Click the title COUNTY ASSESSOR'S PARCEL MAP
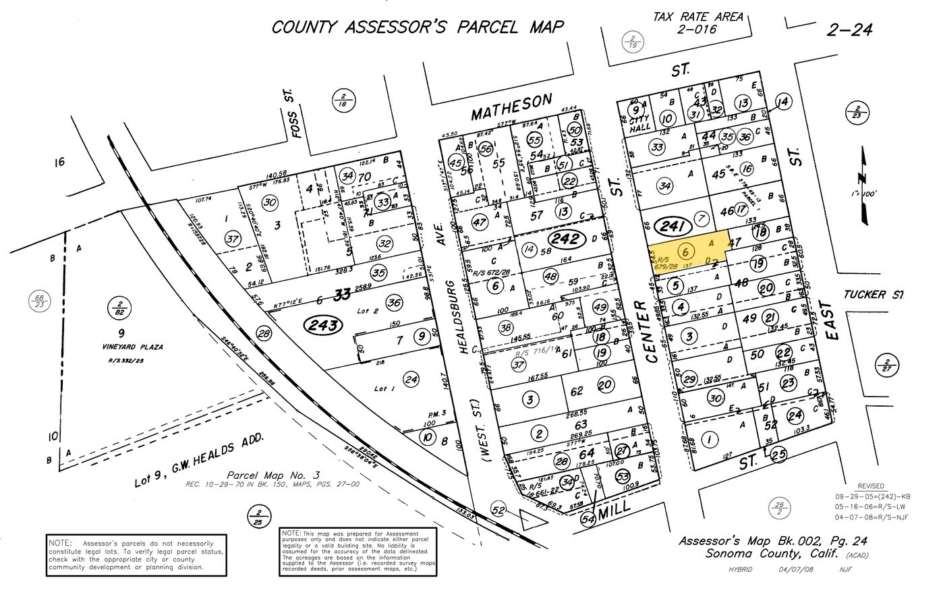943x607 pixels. pos(418,27)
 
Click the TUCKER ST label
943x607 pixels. pos(873,295)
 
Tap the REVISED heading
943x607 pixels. pos(869,486)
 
